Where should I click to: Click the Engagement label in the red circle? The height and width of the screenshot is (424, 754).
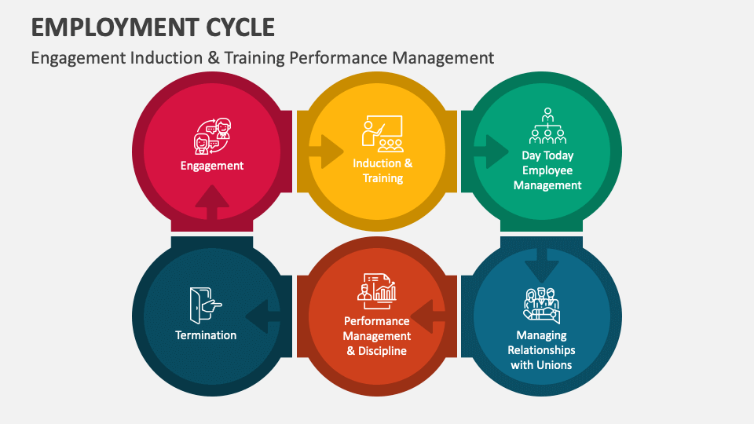coord(212,166)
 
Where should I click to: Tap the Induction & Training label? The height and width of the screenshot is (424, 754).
coord(382,171)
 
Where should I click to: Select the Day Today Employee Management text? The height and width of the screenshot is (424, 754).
coord(547,170)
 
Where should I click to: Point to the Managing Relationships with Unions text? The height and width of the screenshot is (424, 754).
coord(541,350)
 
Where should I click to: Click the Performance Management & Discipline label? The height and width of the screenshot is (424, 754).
coord(377,336)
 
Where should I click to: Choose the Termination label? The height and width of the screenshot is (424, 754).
coord(206,335)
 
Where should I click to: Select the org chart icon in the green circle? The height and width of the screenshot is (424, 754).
coord(547,126)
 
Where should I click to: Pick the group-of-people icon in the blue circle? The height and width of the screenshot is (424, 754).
coord(542,305)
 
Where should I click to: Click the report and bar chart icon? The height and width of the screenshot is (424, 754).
coord(377,288)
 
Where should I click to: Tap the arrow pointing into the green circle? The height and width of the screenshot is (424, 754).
coord(493,151)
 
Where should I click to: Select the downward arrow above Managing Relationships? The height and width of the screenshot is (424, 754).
coord(542,265)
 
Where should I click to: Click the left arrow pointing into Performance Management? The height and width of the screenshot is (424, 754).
coord(426,318)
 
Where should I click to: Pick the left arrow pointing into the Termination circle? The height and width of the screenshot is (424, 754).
coord(262,318)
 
